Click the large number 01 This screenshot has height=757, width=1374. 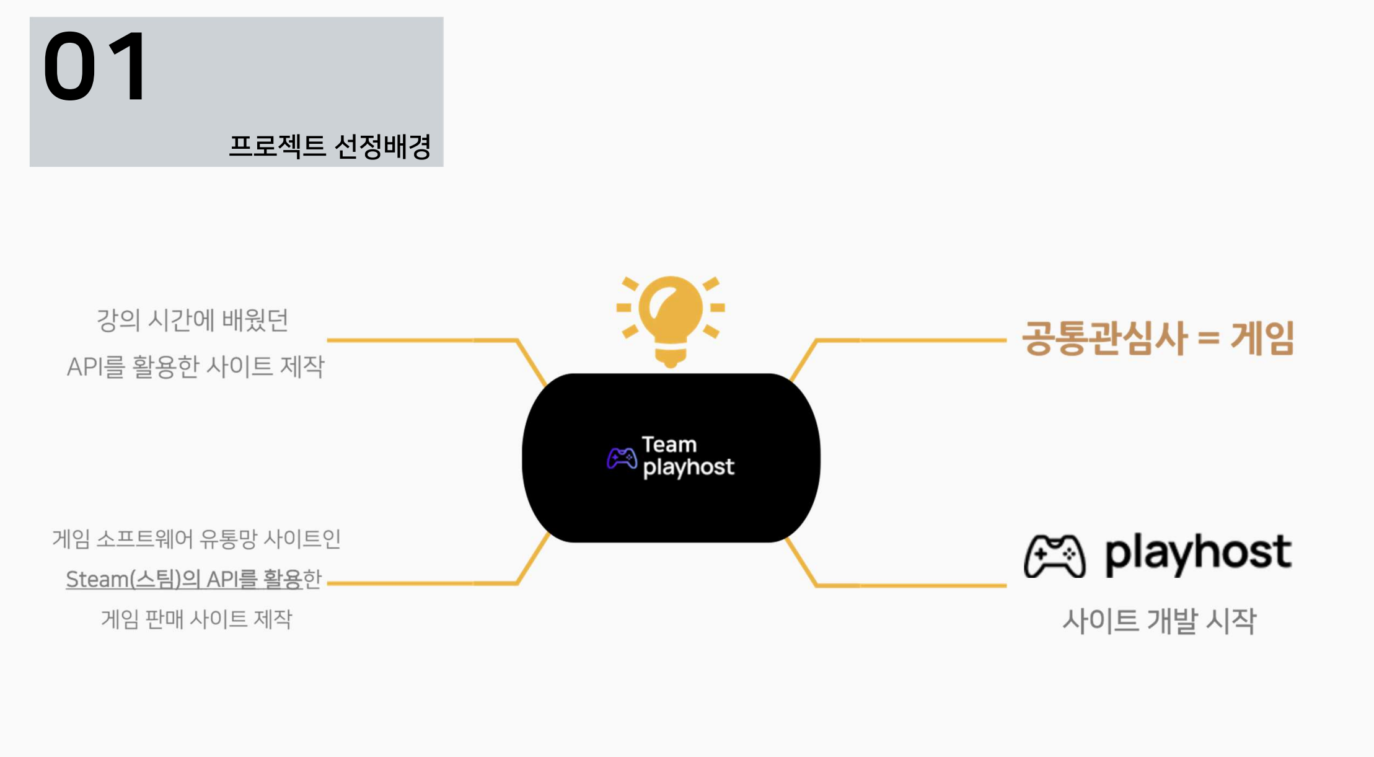tap(95, 66)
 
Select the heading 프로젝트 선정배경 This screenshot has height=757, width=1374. tap(330, 146)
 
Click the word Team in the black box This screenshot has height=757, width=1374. tap(669, 445)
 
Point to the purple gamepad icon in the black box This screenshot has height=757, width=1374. tap(622, 458)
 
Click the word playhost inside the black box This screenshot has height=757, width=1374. tap(689, 467)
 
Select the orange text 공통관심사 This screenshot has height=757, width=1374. tap(1104, 339)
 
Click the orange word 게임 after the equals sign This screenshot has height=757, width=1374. tap(1262, 339)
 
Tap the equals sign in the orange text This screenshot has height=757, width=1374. tap(1209, 339)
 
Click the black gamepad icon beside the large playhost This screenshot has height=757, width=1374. tap(1054, 556)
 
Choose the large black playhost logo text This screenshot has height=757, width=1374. tap(1198, 553)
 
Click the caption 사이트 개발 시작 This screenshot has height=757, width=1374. tap(1159, 621)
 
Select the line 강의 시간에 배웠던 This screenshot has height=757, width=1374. tap(192, 321)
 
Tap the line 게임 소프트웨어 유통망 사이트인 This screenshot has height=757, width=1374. tap(196, 539)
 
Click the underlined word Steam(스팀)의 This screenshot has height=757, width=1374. tap(133, 579)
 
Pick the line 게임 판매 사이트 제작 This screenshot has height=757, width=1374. tap(196, 619)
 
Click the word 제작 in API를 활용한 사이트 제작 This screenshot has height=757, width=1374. tap(302, 366)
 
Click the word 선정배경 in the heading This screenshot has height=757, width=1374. tap(382, 146)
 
